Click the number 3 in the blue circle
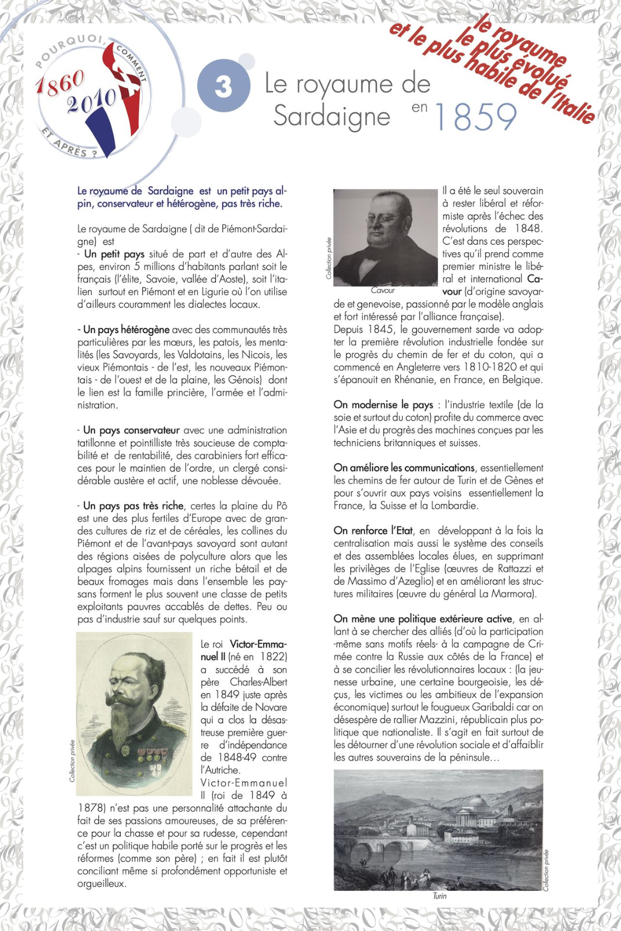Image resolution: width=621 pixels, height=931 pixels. click(x=223, y=87)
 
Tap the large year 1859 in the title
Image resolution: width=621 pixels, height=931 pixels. click(x=475, y=117)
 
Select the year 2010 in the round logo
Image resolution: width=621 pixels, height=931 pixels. click(x=91, y=102)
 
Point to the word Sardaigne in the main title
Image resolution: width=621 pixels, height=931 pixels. click(x=332, y=116)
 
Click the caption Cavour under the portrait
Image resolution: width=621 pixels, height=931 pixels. click(x=383, y=290)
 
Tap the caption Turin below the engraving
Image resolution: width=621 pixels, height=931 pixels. click(x=440, y=896)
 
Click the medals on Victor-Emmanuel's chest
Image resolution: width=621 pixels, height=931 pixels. click(x=149, y=754)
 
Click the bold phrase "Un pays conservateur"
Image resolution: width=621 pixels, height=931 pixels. click(x=131, y=430)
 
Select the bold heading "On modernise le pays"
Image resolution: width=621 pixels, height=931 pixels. click(x=383, y=404)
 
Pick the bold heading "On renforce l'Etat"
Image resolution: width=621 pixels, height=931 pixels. click(x=373, y=531)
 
